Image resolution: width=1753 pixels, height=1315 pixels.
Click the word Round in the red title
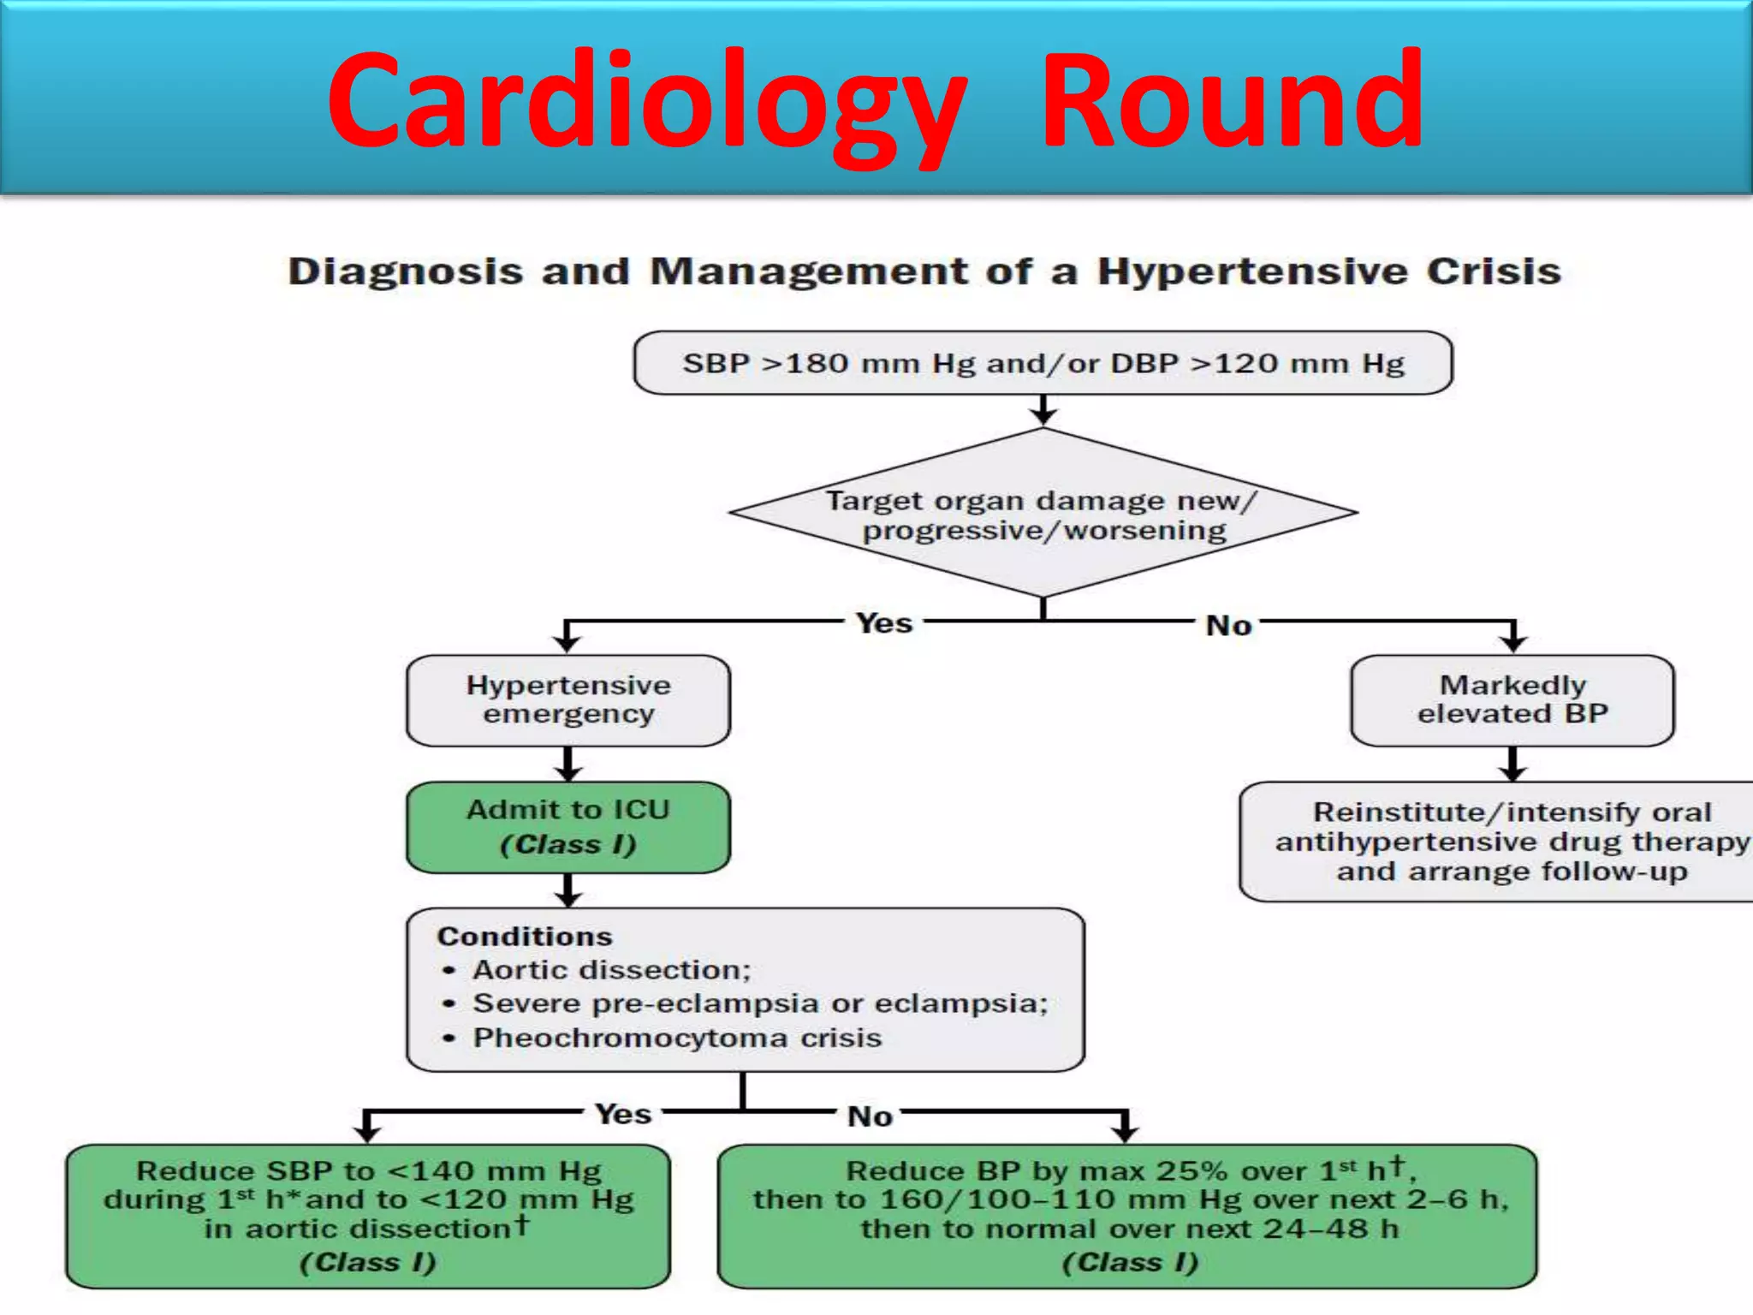(x=1232, y=101)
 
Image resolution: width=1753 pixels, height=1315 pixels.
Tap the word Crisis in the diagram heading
(x=1493, y=271)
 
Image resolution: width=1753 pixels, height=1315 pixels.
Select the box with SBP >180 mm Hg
(x=1043, y=363)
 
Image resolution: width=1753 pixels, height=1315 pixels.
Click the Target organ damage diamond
(x=1043, y=514)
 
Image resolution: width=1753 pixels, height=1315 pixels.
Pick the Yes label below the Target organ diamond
(x=884, y=623)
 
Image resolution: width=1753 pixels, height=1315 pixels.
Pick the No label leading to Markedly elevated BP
(x=1228, y=626)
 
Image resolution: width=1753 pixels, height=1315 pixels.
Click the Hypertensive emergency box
(x=568, y=699)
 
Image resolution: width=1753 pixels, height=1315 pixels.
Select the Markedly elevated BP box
(x=1512, y=699)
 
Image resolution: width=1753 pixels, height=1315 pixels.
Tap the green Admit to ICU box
(x=568, y=827)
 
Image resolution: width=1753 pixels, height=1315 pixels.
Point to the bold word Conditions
(x=525, y=937)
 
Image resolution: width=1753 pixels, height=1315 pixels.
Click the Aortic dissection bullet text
(x=611, y=970)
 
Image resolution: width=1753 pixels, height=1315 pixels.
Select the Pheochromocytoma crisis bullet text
(x=677, y=1038)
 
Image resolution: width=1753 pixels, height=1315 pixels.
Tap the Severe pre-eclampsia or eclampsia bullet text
(x=760, y=1003)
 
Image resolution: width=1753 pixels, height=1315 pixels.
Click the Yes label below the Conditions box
(x=623, y=1114)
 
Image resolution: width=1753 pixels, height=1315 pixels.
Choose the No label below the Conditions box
(x=870, y=1116)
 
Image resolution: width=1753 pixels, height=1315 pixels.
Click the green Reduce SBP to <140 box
(x=368, y=1216)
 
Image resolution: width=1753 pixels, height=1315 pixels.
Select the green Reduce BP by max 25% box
(x=1127, y=1216)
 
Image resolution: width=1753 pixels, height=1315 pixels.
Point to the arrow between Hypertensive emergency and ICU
(x=568, y=764)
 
